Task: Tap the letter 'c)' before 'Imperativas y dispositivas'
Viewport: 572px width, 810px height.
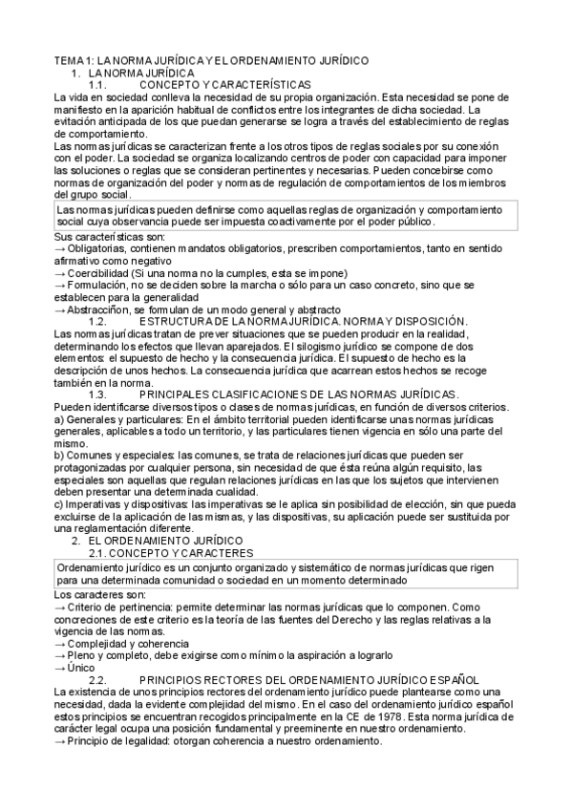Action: (x=59, y=503)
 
